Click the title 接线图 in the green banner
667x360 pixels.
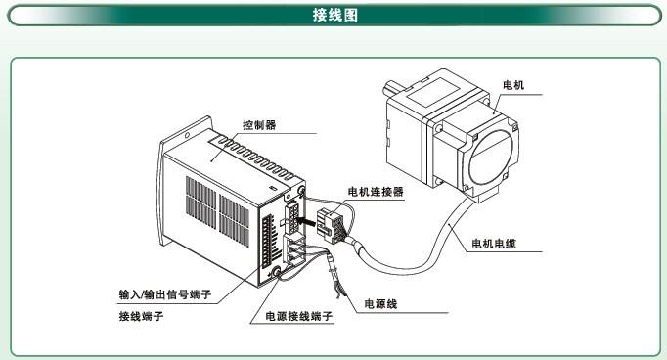334,15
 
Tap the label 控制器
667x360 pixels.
259,125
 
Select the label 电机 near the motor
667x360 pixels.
513,85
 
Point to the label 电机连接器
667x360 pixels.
376,192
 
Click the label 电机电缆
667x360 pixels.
494,244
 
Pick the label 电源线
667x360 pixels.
380,304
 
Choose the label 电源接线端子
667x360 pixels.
298,316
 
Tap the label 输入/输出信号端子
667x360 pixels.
165,294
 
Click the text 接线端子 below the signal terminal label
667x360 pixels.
141,316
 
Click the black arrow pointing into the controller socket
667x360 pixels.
306,221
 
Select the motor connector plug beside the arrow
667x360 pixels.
332,225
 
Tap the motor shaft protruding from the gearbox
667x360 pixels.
393,88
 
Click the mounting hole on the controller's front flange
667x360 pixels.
187,136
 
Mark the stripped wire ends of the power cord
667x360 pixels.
339,291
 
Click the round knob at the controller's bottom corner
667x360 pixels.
277,272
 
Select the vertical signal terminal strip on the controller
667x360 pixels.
267,242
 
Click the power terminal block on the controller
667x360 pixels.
294,250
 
